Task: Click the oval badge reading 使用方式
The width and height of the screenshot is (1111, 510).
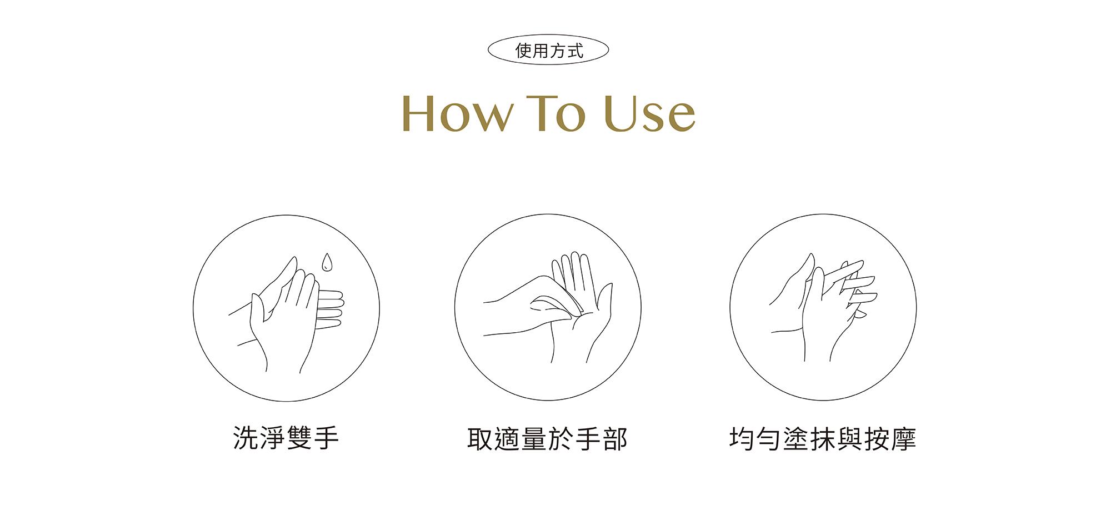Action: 548,50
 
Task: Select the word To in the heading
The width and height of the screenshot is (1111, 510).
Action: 555,113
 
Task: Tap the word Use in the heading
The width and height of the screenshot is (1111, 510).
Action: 649,113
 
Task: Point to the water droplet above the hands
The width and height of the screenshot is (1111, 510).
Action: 327,263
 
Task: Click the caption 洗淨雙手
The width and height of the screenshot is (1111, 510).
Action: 286,438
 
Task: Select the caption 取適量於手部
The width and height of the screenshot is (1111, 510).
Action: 548,439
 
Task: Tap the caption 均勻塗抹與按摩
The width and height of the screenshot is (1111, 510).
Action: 823,439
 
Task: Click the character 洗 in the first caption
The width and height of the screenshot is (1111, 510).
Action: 246,438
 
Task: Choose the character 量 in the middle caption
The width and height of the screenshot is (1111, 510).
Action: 534,439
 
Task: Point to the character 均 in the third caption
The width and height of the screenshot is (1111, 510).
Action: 742,439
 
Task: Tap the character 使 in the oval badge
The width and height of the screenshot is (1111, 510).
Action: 524,51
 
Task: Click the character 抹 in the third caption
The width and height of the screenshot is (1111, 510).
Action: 823,439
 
